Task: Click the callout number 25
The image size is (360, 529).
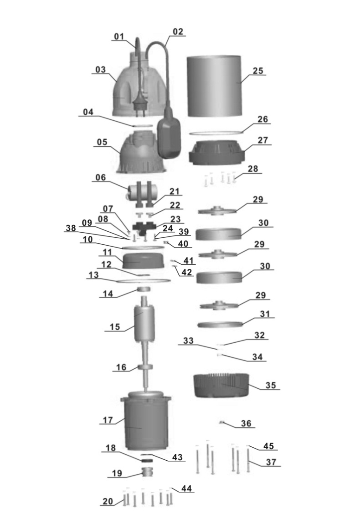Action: click(x=258, y=71)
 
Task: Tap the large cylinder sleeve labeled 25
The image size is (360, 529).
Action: click(x=214, y=86)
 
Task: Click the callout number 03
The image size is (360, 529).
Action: click(x=100, y=70)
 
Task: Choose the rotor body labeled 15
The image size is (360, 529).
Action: click(x=144, y=323)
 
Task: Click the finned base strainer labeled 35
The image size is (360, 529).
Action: click(x=221, y=385)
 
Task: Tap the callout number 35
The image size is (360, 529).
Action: click(x=271, y=385)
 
